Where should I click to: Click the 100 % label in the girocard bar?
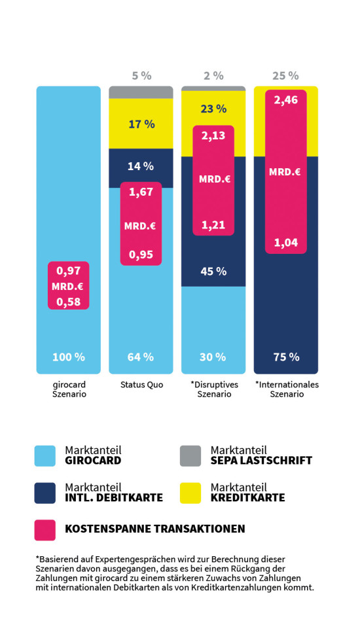69,357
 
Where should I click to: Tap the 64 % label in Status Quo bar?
141,357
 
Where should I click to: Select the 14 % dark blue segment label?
141,166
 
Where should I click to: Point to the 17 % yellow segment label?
141,124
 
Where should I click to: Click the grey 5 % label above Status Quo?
141,76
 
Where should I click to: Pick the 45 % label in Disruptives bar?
213,272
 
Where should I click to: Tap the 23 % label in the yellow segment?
213,109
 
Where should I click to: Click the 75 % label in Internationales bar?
285,357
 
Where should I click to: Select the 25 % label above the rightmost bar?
285,76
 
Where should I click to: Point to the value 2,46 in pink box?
285,101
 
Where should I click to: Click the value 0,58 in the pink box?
69,302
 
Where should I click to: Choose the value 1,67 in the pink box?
141,192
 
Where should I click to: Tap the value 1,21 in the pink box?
213,225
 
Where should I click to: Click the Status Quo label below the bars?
141,385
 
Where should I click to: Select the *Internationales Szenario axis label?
286,389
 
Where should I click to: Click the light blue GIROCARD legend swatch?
45,456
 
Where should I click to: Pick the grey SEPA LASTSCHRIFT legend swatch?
190,456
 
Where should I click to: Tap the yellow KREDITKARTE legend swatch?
190,493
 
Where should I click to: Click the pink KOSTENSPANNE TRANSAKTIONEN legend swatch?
45,529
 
